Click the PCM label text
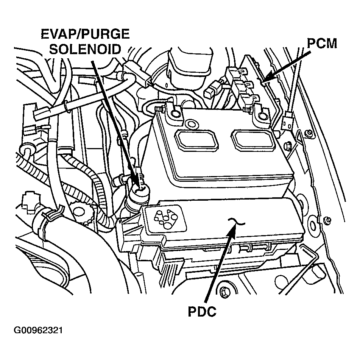tap(322, 44)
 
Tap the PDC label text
tap(202, 312)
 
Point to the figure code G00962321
tap(38, 331)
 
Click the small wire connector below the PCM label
tap(288, 121)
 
